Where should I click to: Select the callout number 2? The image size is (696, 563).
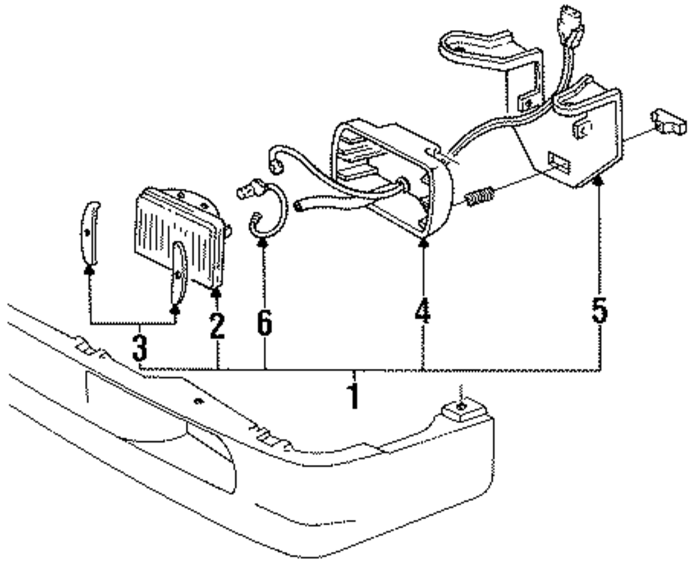[x=216, y=325]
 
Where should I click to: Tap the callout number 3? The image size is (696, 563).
[x=141, y=347]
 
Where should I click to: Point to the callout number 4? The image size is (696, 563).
[x=422, y=311]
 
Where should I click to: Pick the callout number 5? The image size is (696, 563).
[x=599, y=310]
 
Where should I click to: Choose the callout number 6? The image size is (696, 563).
[x=264, y=322]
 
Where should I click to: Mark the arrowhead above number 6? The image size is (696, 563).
[x=264, y=241]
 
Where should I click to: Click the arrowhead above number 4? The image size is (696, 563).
[x=423, y=241]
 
